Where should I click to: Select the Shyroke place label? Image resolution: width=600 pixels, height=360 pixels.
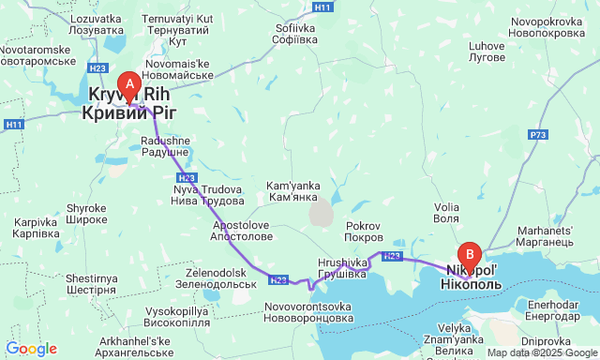87,214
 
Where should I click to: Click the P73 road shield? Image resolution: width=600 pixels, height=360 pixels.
537,136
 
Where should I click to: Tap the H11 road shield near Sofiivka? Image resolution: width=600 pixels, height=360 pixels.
322,7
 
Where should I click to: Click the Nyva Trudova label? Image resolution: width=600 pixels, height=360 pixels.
207,196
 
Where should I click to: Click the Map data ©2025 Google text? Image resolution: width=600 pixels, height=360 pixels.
540,352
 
